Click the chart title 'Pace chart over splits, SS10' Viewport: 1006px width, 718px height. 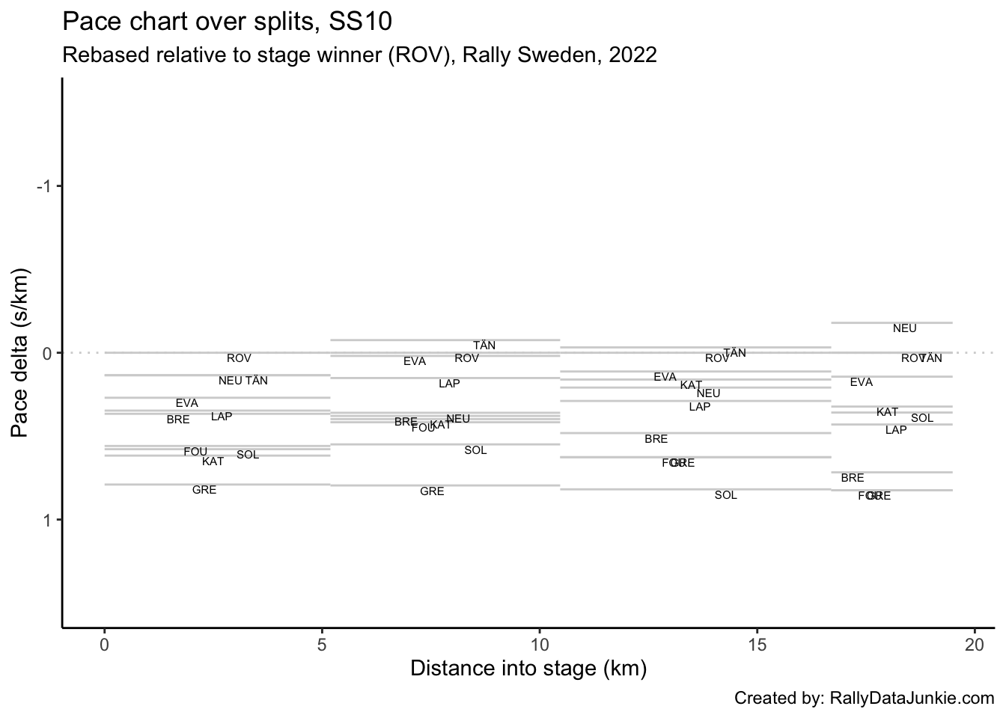[227, 22]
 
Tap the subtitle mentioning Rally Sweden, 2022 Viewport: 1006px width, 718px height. [359, 55]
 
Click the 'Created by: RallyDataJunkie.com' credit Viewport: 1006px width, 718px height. [864, 699]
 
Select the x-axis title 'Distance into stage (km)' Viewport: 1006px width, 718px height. [528, 668]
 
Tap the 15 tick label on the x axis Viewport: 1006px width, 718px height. [757, 645]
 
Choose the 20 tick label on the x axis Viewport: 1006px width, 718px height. [975, 645]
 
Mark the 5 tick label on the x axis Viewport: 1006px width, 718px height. [322, 645]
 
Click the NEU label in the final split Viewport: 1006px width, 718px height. [904, 328]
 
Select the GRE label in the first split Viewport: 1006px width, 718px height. [204, 490]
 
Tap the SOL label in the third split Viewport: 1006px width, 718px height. [725, 495]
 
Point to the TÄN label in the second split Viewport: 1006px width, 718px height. [484, 346]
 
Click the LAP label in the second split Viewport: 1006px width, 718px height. [449, 384]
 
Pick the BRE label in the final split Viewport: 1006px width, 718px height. [852, 478]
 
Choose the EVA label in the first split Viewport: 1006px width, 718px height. [187, 403]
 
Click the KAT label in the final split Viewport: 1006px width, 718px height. [887, 412]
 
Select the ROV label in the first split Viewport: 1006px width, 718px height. [239, 358]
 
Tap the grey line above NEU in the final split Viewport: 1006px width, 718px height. [891, 322]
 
